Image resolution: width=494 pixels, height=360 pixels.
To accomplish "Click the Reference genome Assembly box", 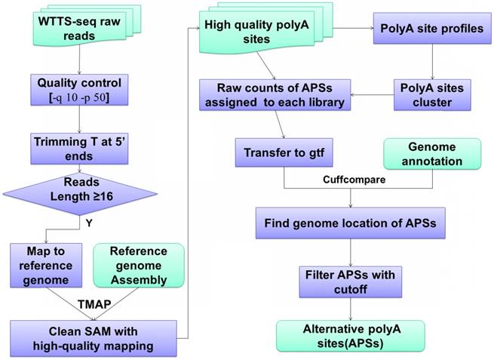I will [x=138, y=265].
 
